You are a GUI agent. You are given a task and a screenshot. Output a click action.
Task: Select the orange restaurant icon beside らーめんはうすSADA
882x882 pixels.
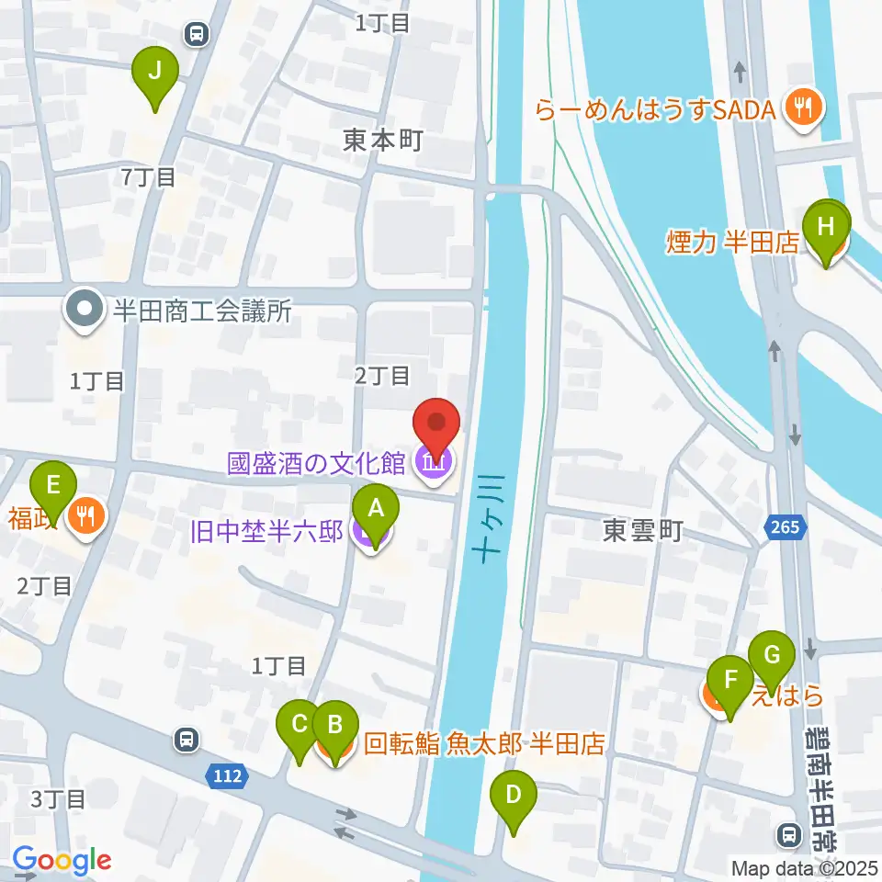coord(805,109)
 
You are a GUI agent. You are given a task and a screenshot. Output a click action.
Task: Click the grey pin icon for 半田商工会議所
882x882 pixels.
coord(85,311)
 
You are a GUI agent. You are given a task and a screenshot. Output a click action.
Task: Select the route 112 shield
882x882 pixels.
coord(226,776)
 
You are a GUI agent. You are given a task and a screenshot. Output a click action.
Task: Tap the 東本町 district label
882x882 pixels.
coord(382,141)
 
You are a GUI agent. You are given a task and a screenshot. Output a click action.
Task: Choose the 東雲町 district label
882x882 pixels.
coord(643,530)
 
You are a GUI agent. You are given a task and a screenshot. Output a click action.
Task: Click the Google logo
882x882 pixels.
coord(62,860)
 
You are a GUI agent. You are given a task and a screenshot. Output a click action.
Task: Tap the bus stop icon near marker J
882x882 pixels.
coord(196,35)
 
